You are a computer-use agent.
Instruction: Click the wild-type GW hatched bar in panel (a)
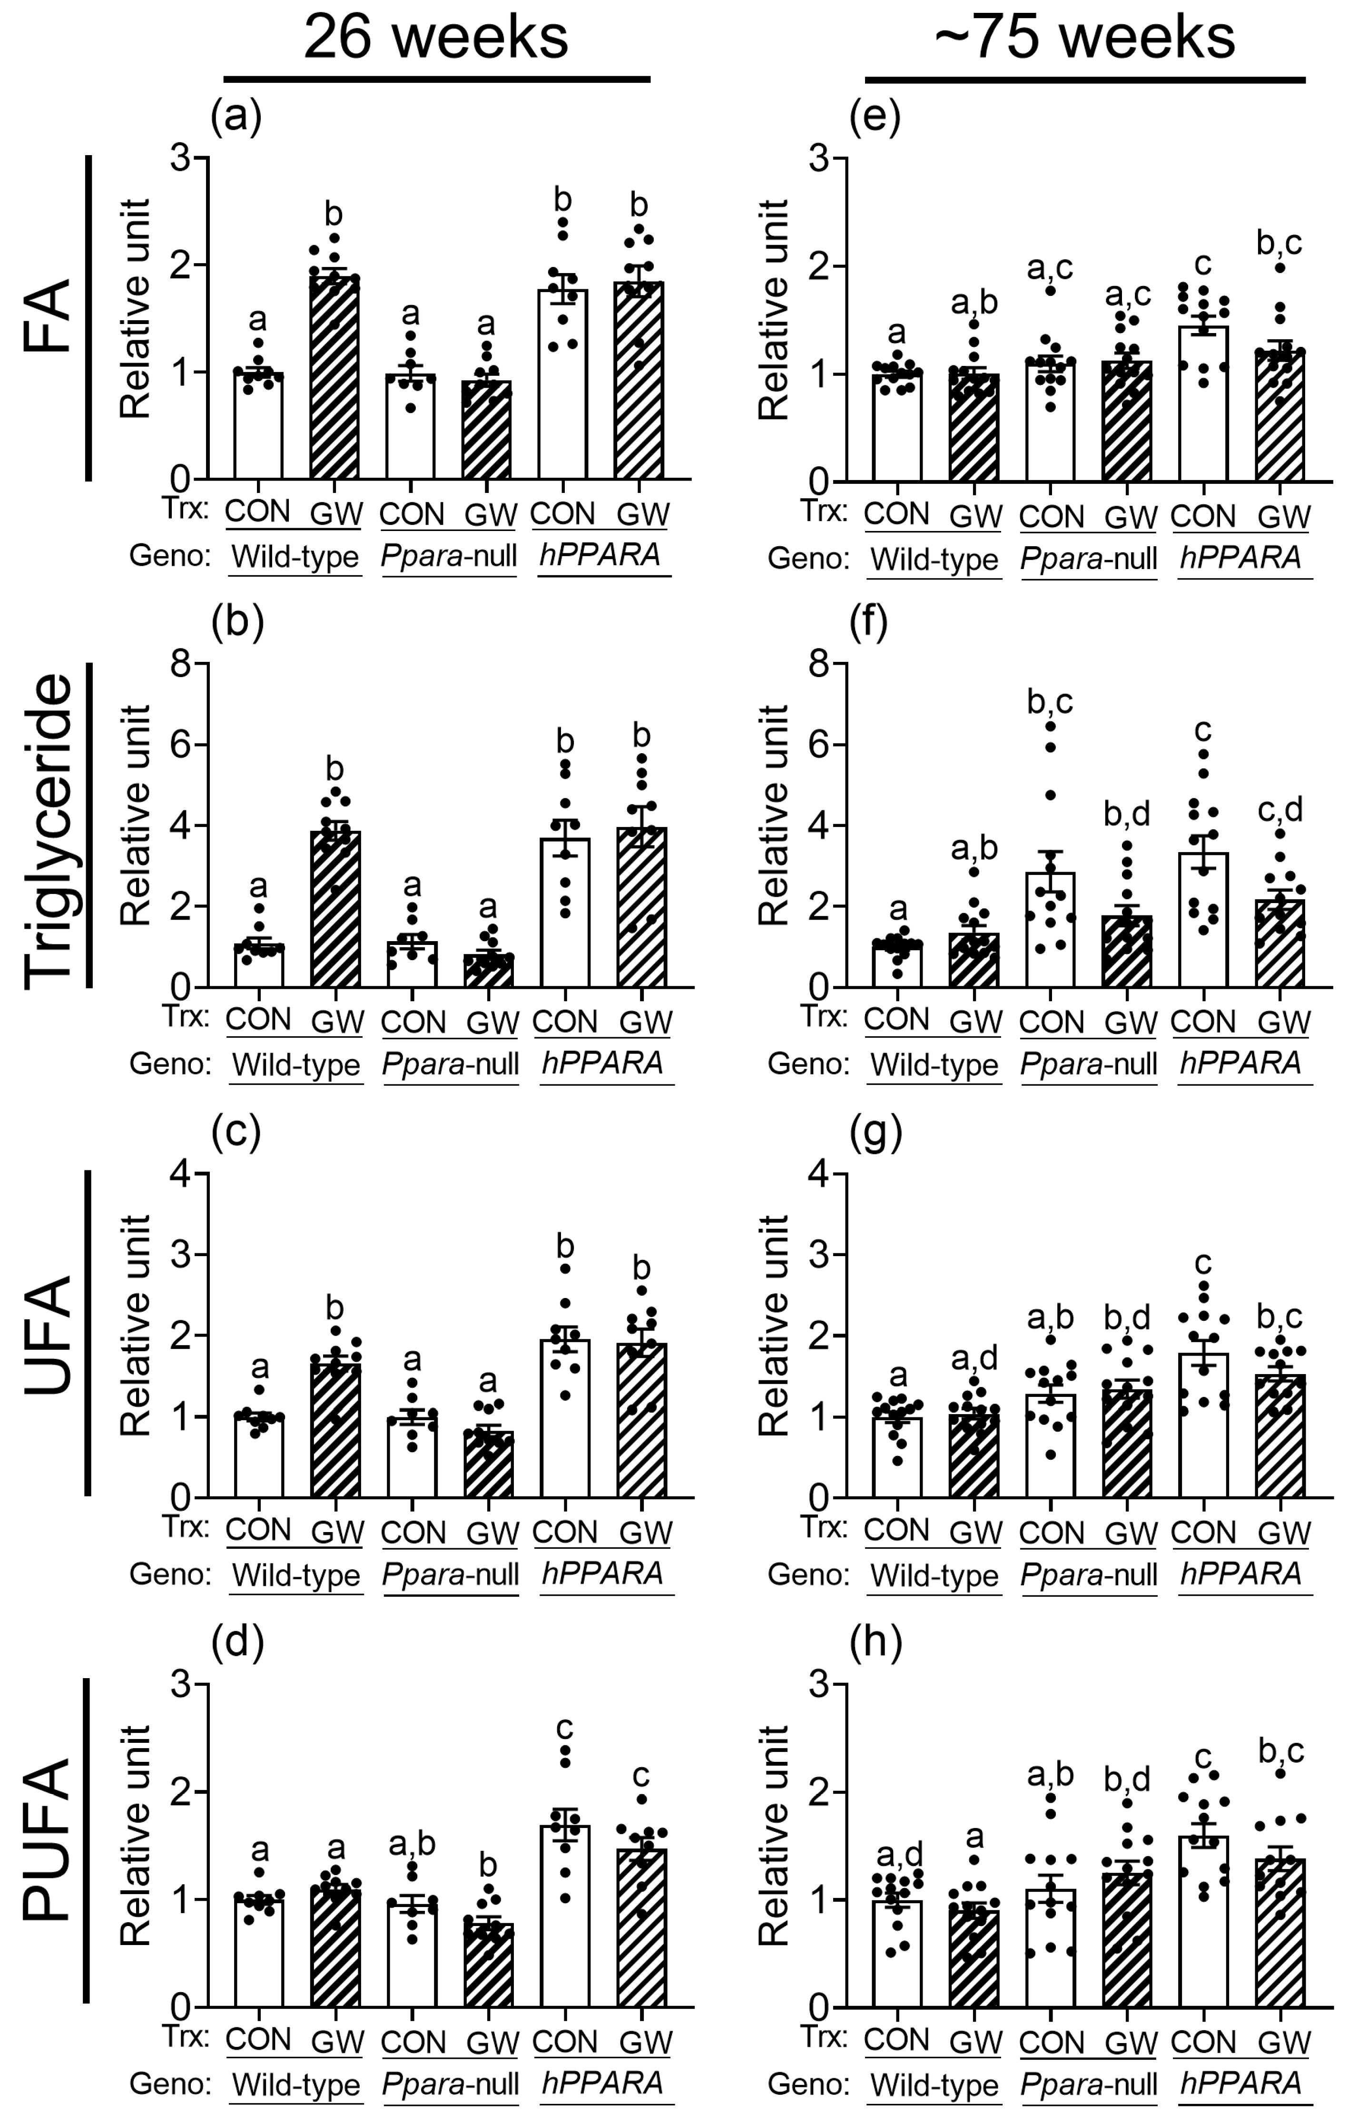click(335, 379)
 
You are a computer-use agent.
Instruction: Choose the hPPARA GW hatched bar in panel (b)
click(642, 908)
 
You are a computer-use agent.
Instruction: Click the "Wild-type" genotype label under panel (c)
click(296, 1575)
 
